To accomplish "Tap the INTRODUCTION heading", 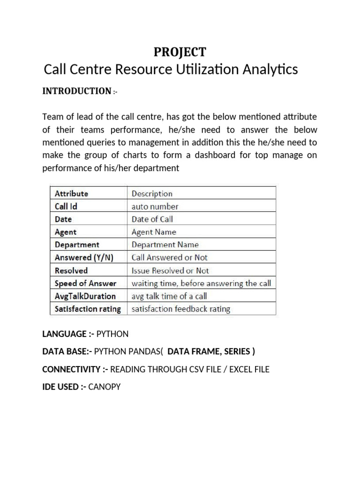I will click(77, 91).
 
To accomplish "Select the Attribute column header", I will click(71, 193).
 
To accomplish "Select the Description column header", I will click(152, 193).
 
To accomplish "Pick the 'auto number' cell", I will click(155, 206).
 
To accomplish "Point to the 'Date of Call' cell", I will click(152, 219).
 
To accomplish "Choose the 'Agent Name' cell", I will click(154, 232).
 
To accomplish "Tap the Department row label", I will click(77, 245).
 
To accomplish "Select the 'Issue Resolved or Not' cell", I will click(170, 270).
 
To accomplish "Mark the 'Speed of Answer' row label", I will click(85, 283).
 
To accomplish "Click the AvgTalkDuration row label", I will click(85, 296).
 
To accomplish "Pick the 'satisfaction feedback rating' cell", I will click(181, 309).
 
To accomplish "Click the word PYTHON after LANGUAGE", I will click(112, 334).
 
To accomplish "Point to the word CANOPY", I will click(104, 387).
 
